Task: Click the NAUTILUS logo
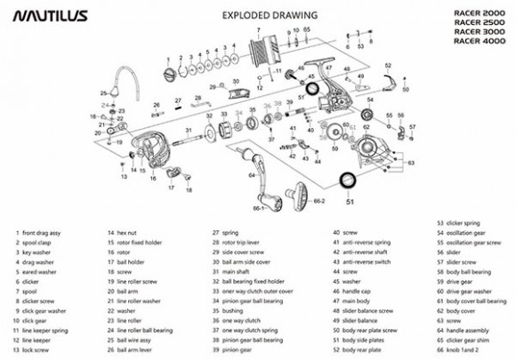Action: click(43, 15)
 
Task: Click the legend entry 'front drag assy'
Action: click(42, 232)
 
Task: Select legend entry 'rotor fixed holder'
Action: click(139, 242)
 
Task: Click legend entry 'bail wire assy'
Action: click(133, 340)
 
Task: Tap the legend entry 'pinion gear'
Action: click(235, 349)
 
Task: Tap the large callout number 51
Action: click(349, 202)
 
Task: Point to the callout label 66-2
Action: click(318, 201)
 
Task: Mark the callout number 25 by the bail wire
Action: click(103, 93)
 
